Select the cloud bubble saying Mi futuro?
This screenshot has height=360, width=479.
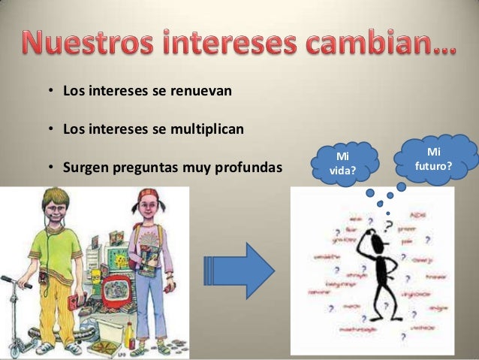434,158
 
